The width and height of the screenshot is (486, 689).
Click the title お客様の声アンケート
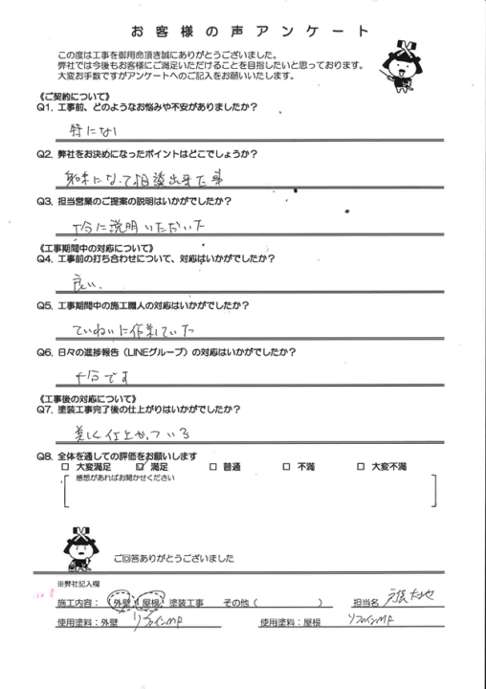[242, 33]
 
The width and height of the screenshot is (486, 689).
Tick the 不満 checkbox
[286, 466]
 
